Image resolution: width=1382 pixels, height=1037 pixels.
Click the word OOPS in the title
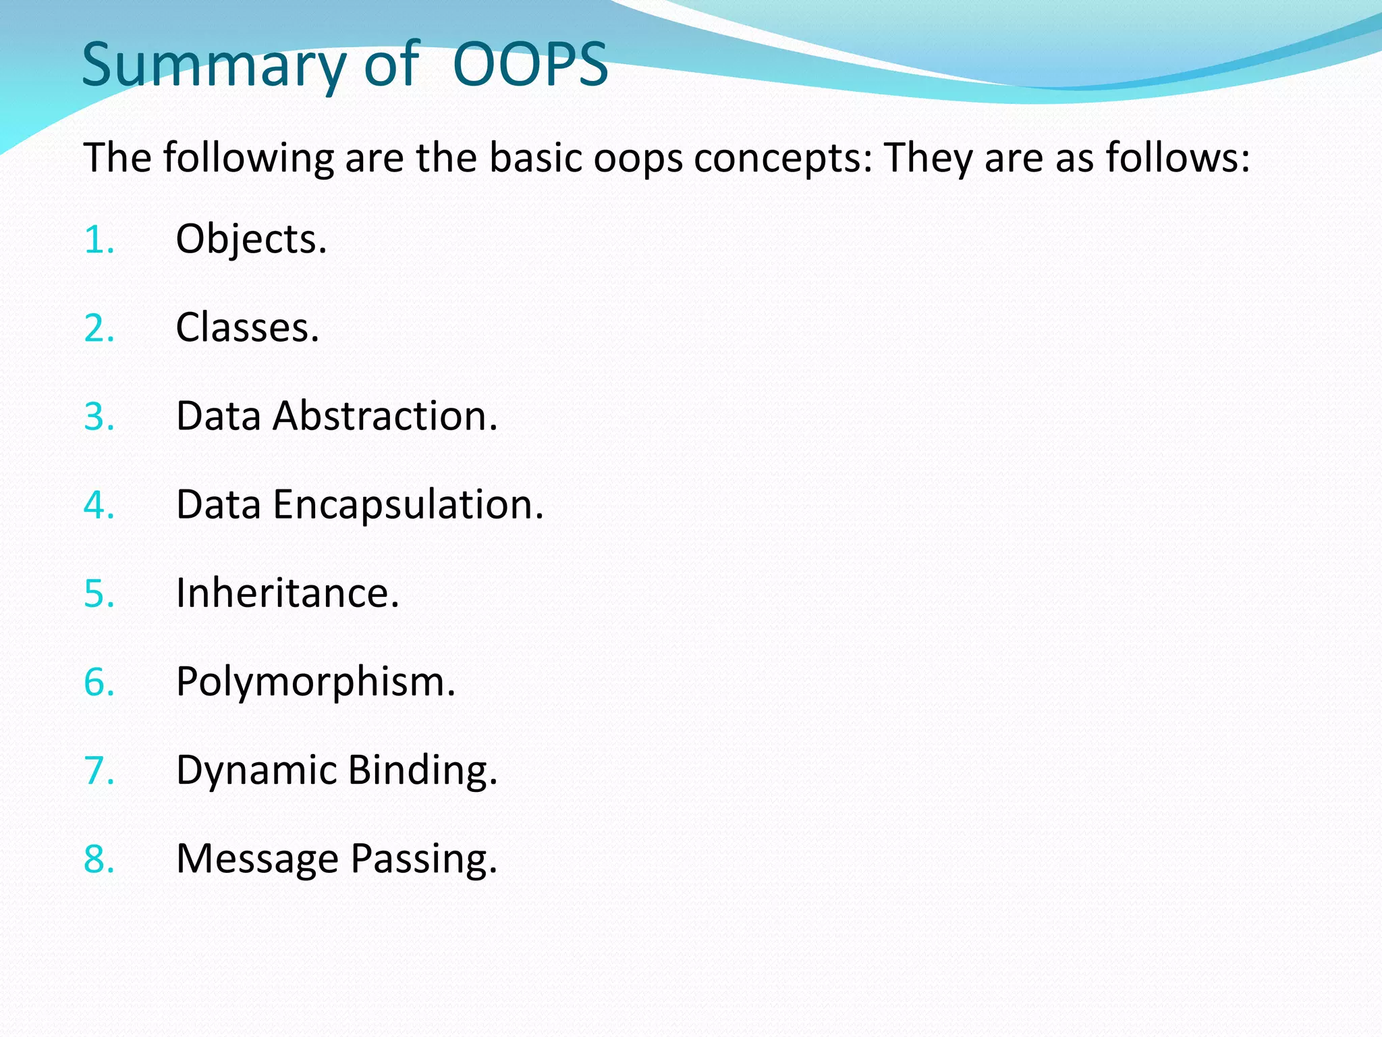pyautogui.click(x=530, y=65)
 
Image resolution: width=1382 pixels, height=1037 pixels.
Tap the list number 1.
pyautogui.click(x=99, y=240)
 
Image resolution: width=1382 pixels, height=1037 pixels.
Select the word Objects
pyautogui.click(x=250, y=240)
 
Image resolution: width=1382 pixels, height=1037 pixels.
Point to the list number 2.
pyautogui.click(x=99, y=329)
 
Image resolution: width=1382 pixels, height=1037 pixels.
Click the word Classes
pyautogui.click(x=246, y=329)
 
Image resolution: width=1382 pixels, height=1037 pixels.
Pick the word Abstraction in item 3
pyautogui.click(x=385, y=417)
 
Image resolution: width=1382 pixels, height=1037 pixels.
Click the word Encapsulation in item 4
pyautogui.click(x=408, y=506)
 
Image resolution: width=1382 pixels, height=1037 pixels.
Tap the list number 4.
pyautogui.click(x=99, y=506)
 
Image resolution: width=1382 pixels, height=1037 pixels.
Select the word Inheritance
pyautogui.click(x=287, y=594)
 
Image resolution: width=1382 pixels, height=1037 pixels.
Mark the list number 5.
pyautogui.click(x=99, y=594)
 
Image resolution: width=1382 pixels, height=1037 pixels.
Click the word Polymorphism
pyautogui.click(x=315, y=683)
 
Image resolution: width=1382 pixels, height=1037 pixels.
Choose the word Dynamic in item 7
pyautogui.click(x=256, y=771)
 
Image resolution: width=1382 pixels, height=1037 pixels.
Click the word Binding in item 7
pyautogui.click(x=422, y=771)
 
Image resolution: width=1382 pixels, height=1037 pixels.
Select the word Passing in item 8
pyautogui.click(x=423, y=859)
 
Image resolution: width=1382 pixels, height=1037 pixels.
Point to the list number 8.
pyautogui.click(x=99, y=859)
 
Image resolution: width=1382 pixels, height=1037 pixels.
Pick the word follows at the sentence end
pyautogui.click(x=1177, y=157)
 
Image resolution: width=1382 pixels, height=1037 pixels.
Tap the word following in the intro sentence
pyautogui.click(x=248, y=159)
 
